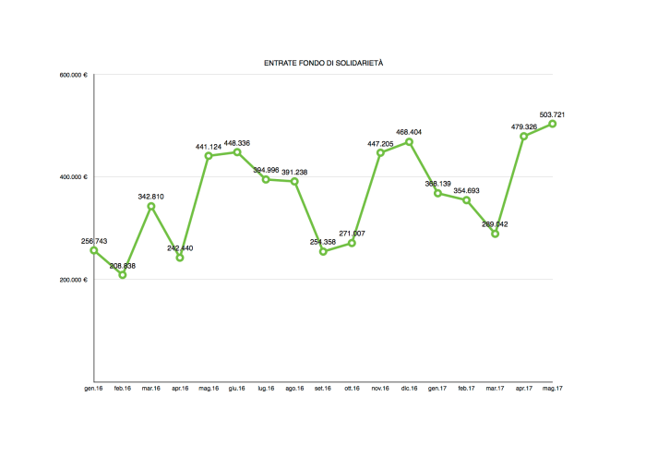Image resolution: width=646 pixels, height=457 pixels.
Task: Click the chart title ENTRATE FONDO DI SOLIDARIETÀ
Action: tap(323, 63)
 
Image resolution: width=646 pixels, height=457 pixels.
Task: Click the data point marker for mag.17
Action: tap(553, 124)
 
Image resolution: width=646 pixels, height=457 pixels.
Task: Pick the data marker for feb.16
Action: tap(123, 275)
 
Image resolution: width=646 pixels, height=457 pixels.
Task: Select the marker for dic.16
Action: tap(409, 141)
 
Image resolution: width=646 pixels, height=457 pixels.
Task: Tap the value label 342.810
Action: tap(151, 196)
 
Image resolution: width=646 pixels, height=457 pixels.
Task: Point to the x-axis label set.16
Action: tap(323, 389)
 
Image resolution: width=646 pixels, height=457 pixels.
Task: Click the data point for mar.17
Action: tap(496, 234)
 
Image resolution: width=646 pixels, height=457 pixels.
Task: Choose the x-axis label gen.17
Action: tap(437, 389)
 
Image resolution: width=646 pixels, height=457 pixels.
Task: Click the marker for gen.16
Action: tap(94, 250)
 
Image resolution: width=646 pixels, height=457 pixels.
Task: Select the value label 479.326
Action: tap(523, 126)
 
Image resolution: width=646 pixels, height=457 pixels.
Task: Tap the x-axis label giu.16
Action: tap(237, 389)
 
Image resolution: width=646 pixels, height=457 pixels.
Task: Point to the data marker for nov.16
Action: tap(380, 152)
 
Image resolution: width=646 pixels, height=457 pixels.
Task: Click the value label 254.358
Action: tap(322, 242)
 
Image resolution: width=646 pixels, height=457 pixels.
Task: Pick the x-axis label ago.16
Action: tap(294, 389)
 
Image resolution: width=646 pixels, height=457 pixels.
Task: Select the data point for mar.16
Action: tap(151, 206)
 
